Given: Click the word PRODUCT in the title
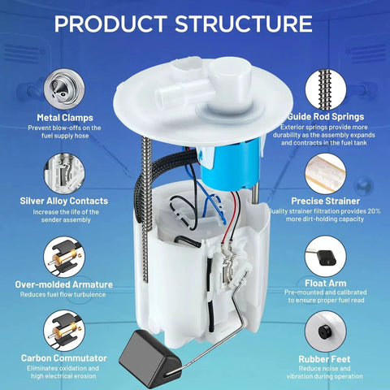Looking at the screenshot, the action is tap(110, 24).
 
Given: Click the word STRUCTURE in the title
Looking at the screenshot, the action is tap(244, 24).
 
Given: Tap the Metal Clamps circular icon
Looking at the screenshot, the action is tap(64, 89).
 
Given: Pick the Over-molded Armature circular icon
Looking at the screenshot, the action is tap(64, 257).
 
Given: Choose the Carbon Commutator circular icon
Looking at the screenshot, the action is tap(64, 331).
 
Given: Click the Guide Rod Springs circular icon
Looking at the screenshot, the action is tap(326, 89).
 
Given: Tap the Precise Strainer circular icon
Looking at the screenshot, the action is tap(326, 174).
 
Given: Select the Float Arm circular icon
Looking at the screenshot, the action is tap(326, 256).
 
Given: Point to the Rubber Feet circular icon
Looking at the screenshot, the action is tap(326, 331).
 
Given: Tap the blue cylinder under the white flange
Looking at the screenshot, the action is tap(230, 165).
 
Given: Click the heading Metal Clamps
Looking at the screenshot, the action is tap(65, 118).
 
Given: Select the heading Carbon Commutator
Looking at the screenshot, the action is tap(64, 358).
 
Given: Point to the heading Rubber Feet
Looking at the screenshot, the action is tap(324, 359).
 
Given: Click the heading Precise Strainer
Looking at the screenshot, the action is tap(326, 201).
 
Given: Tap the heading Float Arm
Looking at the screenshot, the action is tap(326, 284).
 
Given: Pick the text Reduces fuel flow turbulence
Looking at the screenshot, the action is tap(63, 294).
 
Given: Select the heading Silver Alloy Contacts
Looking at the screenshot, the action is tap(64, 201).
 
